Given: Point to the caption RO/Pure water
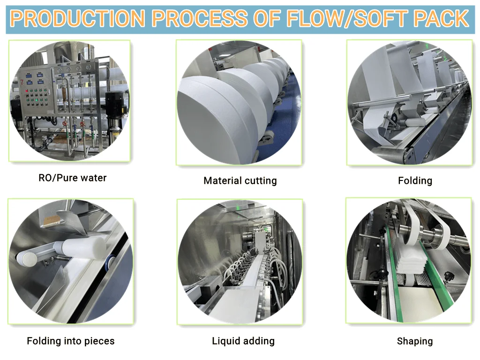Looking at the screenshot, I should (73, 178).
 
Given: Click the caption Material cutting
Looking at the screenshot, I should (240, 180).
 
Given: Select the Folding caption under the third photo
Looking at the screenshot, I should (415, 180).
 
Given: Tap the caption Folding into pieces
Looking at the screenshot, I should (70, 341).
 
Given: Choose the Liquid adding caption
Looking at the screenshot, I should (243, 341).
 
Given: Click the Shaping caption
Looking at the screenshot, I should (415, 341).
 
